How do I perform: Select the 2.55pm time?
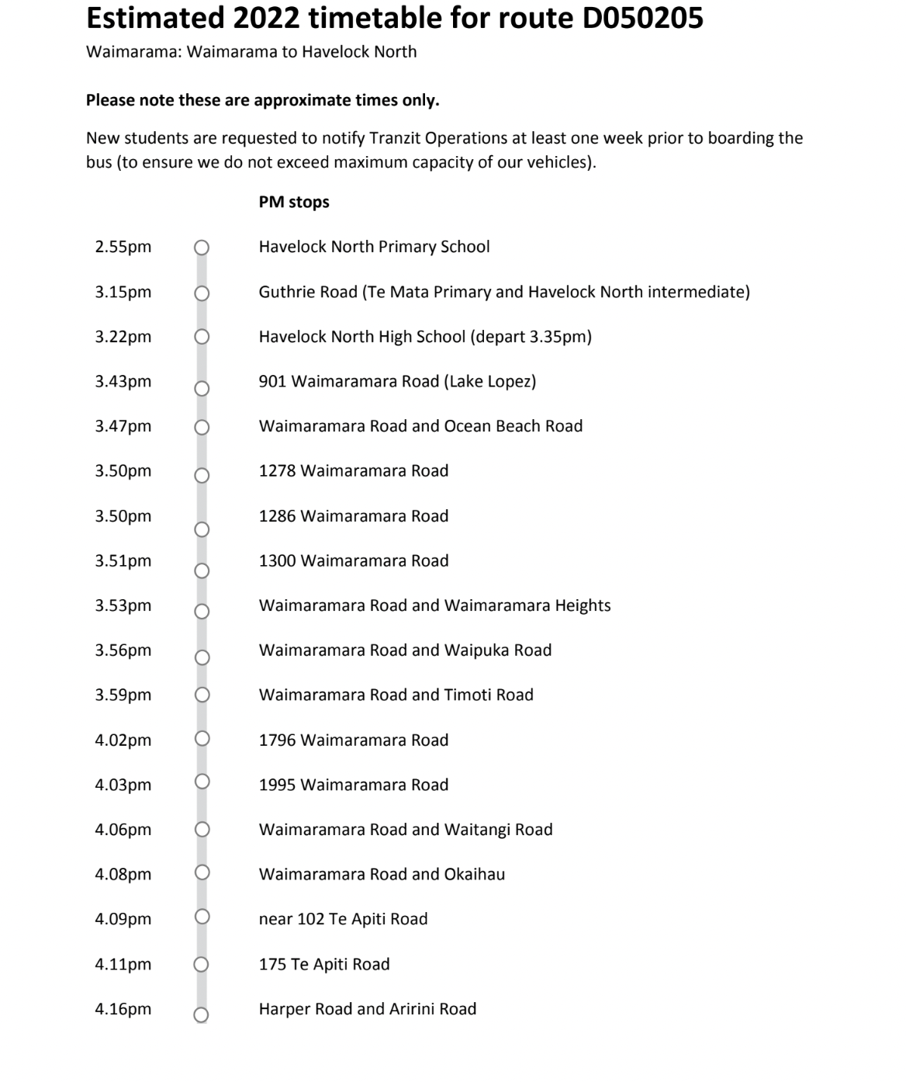coord(123,247)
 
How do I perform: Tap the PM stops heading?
coord(294,202)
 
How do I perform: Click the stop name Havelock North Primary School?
coord(374,247)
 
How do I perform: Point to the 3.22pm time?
coord(123,337)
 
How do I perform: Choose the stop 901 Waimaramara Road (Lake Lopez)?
coord(397,381)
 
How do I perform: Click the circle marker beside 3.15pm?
coord(202,293)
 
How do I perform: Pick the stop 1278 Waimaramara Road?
coord(354,470)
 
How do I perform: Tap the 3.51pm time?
coord(123,560)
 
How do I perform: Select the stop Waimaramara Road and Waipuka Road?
coord(405,650)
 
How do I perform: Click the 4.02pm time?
coord(123,740)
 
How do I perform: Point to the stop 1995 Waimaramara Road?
coord(354,785)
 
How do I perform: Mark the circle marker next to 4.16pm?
coord(201,1014)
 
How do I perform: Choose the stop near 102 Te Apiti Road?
coord(343,919)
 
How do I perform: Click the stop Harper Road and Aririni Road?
coord(368,1009)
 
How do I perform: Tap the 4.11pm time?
coord(123,964)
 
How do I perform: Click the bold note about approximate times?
coord(263,100)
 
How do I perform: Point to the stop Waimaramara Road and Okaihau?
coord(382,874)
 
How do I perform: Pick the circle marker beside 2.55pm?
coord(202,248)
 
